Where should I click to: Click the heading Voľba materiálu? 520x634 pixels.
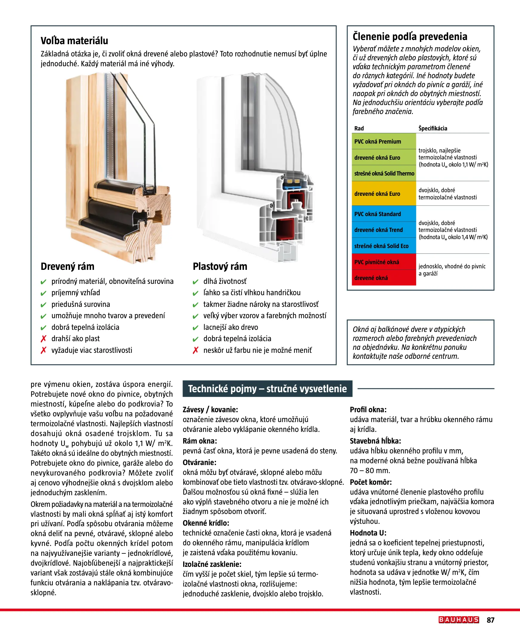click(74, 41)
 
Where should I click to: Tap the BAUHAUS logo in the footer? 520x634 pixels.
click(458, 620)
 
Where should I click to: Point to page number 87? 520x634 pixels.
click(490, 620)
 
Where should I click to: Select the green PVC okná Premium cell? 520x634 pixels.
click(384, 141)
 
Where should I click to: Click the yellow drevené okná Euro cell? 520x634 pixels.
click(384, 193)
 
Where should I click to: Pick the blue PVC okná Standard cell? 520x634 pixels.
click(384, 214)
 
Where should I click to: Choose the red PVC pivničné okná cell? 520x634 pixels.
click(384, 262)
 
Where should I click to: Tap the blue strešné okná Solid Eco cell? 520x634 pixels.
click(384, 246)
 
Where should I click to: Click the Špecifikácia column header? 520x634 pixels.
click(433, 129)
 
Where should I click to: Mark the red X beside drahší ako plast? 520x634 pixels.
click(44, 339)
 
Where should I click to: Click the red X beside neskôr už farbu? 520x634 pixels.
click(196, 350)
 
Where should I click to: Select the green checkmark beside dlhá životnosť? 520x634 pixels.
click(196, 282)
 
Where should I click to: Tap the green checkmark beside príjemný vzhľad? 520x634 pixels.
click(44, 293)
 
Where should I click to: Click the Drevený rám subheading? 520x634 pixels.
click(67, 266)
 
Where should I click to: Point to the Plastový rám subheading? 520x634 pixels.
click(220, 266)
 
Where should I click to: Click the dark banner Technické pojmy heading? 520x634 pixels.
click(267, 389)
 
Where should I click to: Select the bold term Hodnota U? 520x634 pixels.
click(368, 533)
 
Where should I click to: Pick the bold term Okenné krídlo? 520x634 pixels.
click(206, 523)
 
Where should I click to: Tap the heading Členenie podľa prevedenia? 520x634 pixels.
click(410, 36)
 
